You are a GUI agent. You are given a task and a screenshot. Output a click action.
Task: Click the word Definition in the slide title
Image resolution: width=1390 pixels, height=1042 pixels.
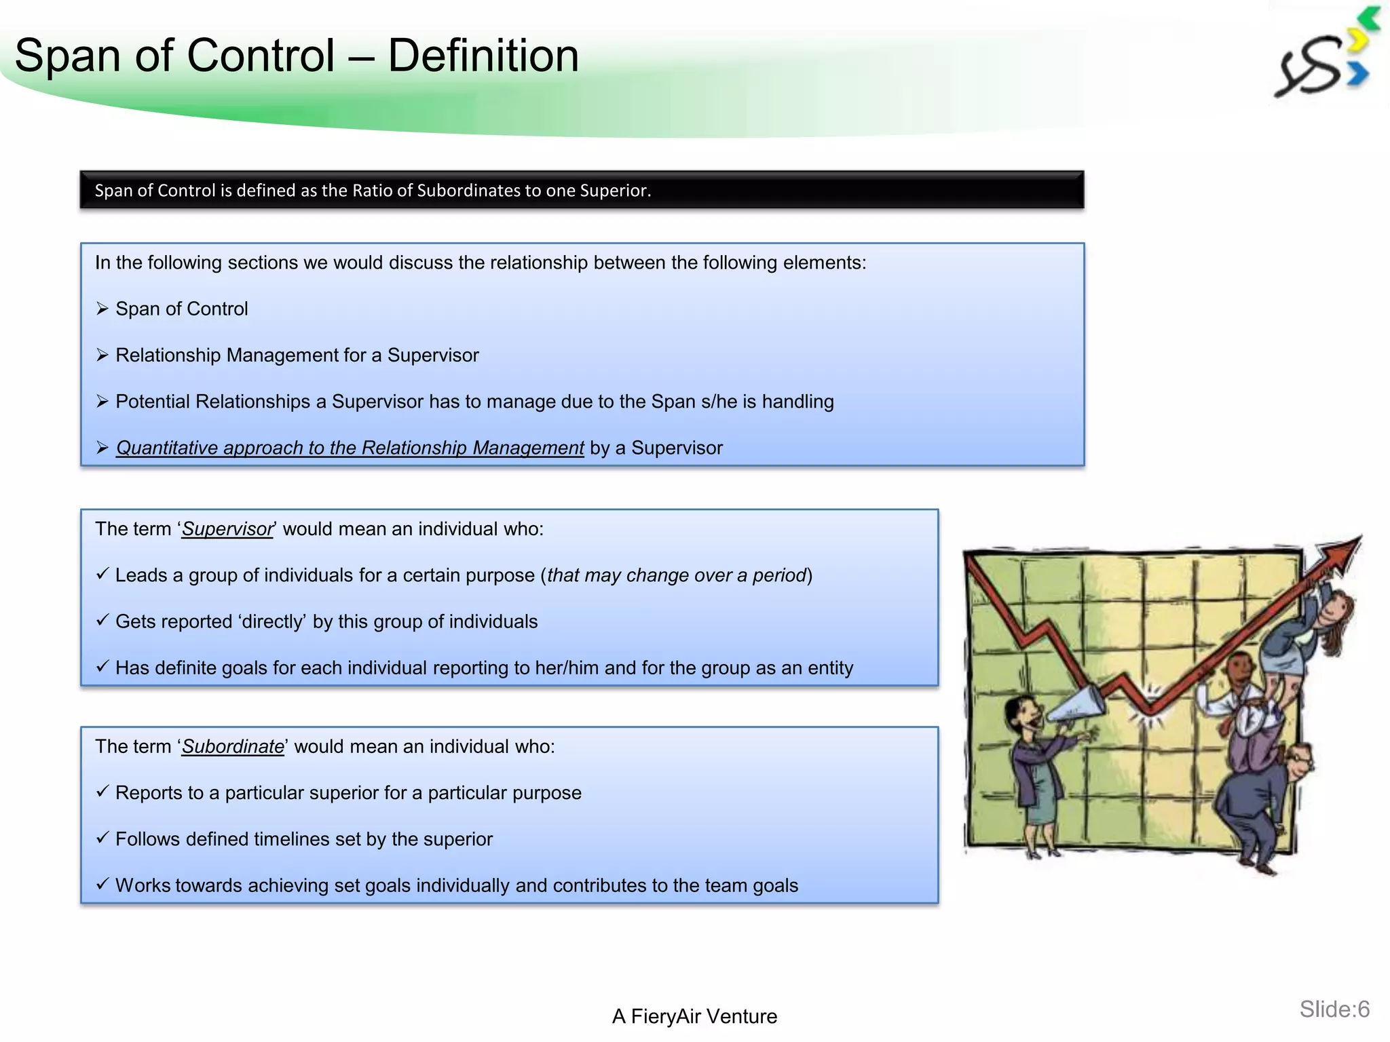click(483, 56)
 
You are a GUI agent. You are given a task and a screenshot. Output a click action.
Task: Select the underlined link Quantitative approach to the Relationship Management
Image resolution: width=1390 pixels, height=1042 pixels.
click(350, 448)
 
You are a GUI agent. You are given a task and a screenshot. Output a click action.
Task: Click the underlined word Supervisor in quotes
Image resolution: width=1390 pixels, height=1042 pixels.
click(227, 529)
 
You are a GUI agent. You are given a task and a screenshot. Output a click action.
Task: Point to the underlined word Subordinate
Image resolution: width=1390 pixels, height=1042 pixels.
click(233, 747)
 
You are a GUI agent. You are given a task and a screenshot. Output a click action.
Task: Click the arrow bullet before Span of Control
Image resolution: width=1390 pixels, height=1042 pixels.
click(102, 309)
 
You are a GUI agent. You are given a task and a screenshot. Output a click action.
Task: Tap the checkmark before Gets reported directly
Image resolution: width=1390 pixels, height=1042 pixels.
click(102, 621)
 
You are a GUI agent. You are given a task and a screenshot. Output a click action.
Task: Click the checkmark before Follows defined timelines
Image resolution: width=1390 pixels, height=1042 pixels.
click(102, 838)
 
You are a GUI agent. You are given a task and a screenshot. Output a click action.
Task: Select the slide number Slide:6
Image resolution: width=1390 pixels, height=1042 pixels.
click(1334, 1009)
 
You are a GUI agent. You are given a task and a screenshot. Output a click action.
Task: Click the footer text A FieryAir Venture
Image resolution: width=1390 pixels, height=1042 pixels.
click(694, 1016)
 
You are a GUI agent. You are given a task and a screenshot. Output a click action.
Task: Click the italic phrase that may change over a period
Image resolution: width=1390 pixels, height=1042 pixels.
click(677, 575)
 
